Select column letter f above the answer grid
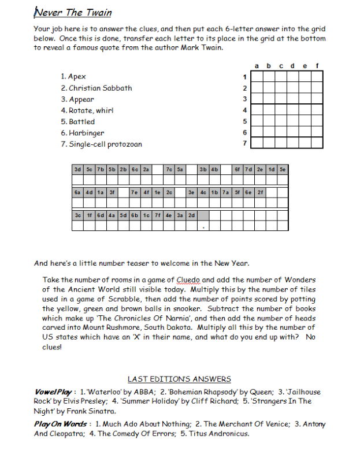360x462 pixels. [x=317, y=65]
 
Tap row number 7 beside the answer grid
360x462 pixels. [x=245, y=143]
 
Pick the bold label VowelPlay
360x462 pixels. [x=51, y=392]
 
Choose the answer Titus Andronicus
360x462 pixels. [x=214, y=433]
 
